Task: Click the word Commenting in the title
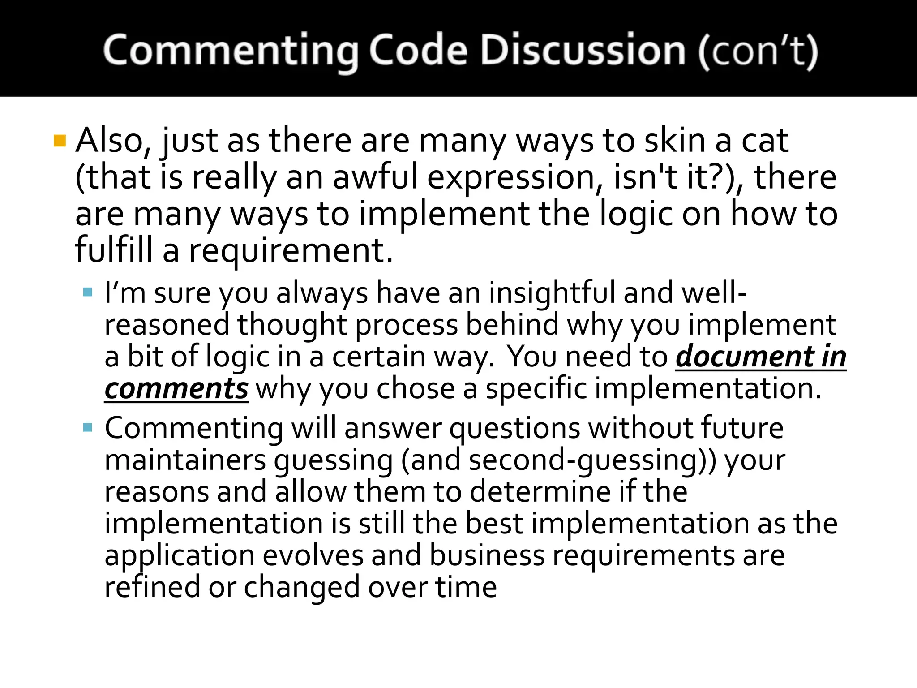pyautogui.click(x=230, y=51)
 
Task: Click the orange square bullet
pyautogui.click(x=60, y=141)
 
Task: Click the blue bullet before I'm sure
pyautogui.click(x=88, y=293)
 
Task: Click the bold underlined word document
pyautogui.click(x=744, y=357)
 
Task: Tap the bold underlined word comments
pyautogui.click(x=176, y=389)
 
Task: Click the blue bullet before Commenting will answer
pyautogui.click(x=88, y=427)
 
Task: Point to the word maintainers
pyautogui.click(x=185, y=460)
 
